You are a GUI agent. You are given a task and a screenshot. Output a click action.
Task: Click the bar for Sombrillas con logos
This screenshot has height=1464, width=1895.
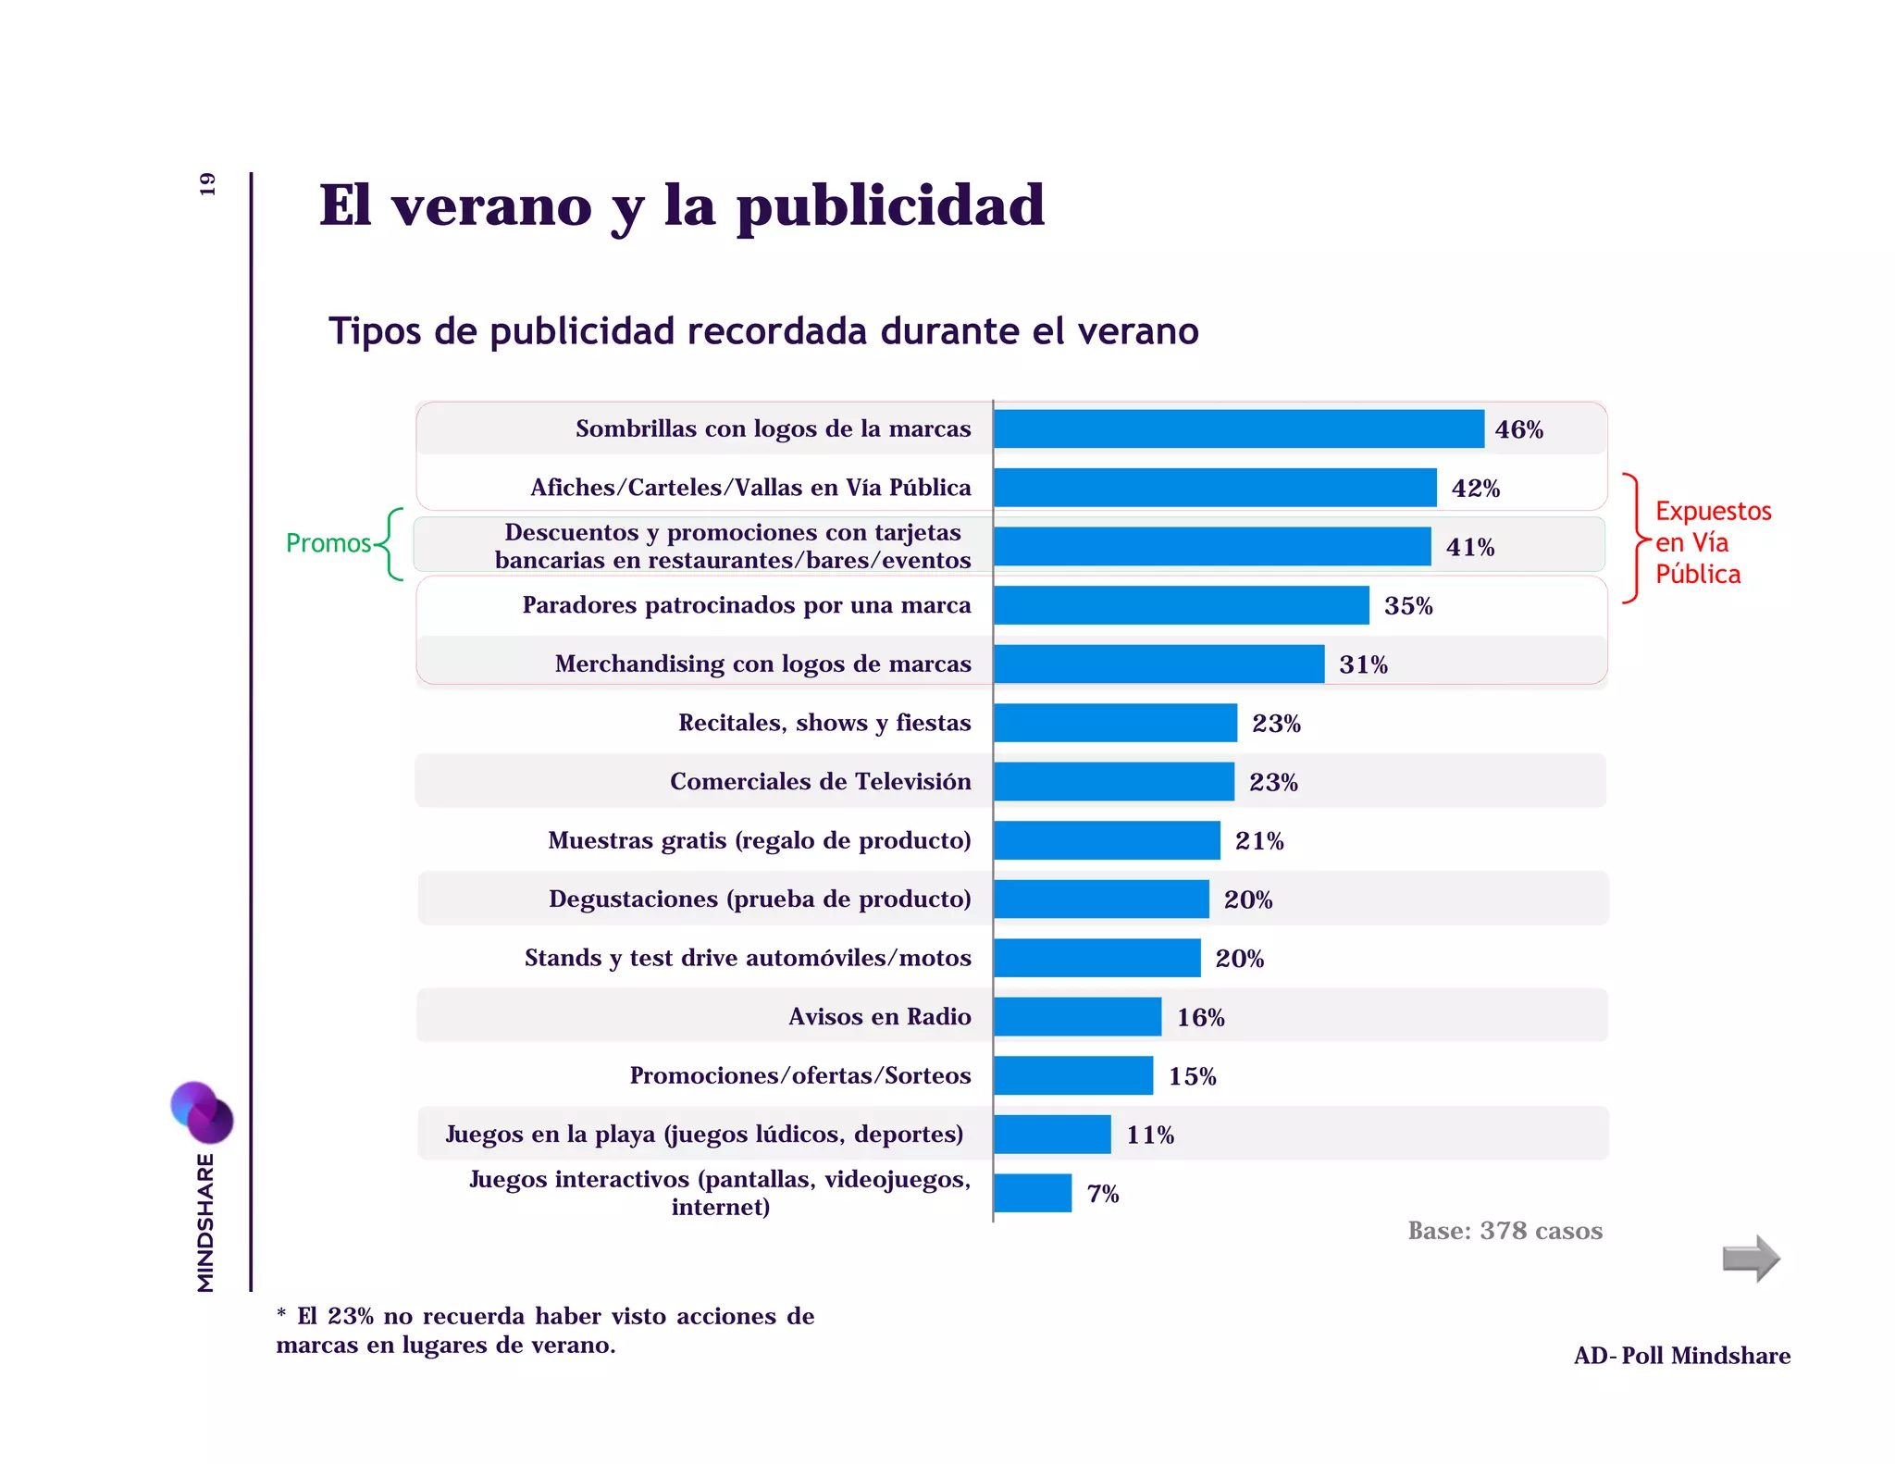(x=1238, y=429)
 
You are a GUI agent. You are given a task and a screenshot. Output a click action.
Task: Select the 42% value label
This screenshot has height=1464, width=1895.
(x=1475, y=489)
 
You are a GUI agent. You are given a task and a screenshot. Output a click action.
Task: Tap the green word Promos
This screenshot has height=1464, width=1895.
(x=328, y=543)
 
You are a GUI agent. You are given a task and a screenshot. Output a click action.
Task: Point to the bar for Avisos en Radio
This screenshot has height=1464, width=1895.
(x=1077, y=1017)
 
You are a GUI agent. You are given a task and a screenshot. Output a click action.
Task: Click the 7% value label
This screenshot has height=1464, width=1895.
(x=1102, y=1194)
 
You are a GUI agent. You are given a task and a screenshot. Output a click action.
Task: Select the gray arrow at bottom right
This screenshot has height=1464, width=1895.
(x=1751, y=1259)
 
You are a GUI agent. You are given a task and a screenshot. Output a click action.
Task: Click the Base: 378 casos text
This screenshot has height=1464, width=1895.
(x=1505, y=1231)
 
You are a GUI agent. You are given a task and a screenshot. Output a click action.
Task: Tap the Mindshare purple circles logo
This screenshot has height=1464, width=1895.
(x=202, y=1111)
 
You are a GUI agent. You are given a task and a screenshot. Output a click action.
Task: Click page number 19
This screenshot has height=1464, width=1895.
(x=207, y=184)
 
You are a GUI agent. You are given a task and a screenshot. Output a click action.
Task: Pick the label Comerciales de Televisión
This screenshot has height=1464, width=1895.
(x=820, y=782)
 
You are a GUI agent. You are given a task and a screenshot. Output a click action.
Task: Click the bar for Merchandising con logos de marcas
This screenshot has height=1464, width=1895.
(x=1158, y=664)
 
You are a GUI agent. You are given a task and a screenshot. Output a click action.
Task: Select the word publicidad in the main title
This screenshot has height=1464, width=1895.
(x=890, y=207)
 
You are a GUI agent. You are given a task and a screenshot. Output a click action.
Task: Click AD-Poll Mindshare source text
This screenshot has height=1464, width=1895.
(x=1681, y=1356)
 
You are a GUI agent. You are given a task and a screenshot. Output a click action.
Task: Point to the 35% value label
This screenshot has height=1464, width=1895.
(x=1407, y=606)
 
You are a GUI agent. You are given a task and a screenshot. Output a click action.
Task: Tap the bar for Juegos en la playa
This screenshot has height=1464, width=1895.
(x=1052, y=1135)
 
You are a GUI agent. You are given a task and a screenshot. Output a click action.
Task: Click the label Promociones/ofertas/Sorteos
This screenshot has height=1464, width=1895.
(x=799, y=1075)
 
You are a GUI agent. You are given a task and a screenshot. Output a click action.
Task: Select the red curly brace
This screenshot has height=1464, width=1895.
(x=1634, y=539)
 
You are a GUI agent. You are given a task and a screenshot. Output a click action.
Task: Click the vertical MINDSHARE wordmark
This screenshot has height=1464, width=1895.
(x=205, y=1222)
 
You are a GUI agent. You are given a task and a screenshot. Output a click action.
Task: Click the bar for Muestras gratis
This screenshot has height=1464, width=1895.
(x=1107, y=840)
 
